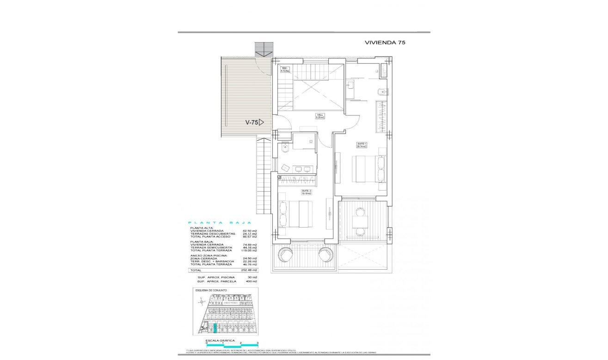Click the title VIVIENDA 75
(385, 42)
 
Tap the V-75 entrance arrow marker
(261, 123)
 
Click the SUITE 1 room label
(362, 145)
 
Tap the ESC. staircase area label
(285, 70)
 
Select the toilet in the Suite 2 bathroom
(285, 148)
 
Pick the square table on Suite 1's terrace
(360, 222)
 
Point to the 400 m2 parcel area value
(252, 281)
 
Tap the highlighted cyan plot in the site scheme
(215, 329)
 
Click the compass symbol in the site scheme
(200, 302)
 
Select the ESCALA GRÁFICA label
(221, 340)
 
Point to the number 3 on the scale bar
(257, 343)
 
